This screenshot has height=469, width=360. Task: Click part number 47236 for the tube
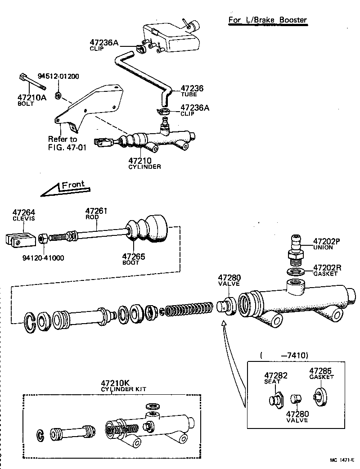click(192, 89)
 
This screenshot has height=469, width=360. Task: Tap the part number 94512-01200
click(58, 76)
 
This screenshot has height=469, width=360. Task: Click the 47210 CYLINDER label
click(144, 162)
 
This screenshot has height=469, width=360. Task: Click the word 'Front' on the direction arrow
click(73, 185)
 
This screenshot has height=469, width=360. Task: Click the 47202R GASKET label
click(327, 270)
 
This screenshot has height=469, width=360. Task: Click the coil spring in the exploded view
click(187, 311)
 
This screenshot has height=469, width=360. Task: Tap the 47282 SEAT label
click(275, 378)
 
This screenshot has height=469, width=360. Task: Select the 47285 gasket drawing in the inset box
click(320, 398)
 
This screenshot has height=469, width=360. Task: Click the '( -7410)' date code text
click(283, 356)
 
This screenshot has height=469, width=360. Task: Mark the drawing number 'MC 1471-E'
click(342, 460)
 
